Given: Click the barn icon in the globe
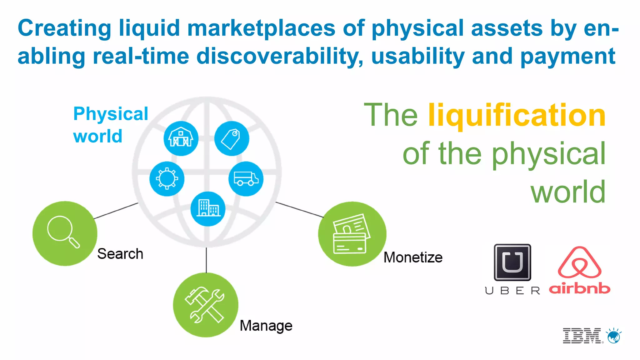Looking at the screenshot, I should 181,138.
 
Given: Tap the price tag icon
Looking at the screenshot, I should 232,138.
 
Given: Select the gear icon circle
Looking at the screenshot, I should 167,179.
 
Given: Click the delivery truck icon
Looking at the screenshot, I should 246,179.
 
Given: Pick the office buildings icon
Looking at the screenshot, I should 208,208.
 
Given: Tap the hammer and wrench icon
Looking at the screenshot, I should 205,305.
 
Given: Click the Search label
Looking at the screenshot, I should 120,254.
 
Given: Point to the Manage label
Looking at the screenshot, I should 266,326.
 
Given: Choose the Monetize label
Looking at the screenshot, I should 413,257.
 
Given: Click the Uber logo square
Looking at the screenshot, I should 512,262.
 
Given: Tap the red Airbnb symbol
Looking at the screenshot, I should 580,262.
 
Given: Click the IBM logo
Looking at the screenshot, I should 582,336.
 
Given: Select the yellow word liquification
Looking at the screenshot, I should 517,116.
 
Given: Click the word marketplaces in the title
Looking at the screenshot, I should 261,28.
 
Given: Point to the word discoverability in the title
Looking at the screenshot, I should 280,56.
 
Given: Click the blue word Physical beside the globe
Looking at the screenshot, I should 111,114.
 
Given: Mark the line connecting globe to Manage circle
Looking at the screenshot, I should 206,260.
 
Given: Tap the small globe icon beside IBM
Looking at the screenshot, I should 614,336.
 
